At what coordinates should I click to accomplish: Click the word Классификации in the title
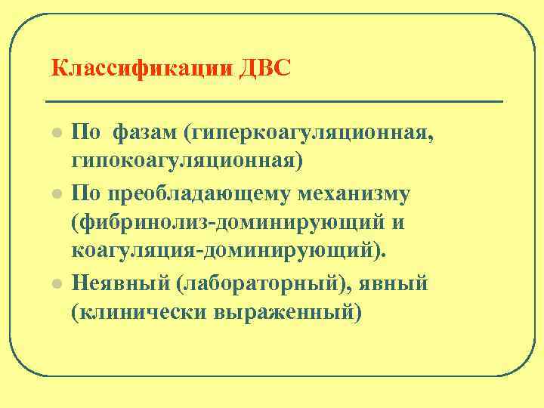pyautogui.click(x=141, y=70)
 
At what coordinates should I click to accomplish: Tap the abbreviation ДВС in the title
pyautogui.click(x=264, y=70)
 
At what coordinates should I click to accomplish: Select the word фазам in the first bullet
pyautogui.click(x=145, y=134)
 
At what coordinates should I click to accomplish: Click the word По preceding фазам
pyautogui.click(x=87, y=134)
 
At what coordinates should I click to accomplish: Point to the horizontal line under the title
pyautogui.click(x=274, y=100)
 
